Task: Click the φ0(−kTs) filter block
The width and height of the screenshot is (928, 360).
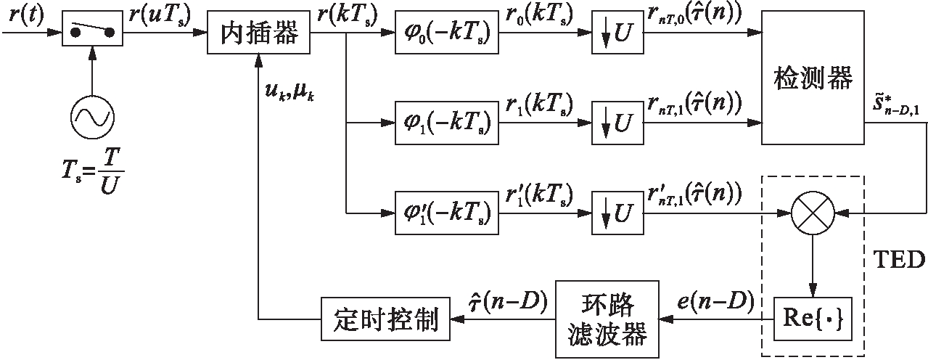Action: click(x=443, y=33)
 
